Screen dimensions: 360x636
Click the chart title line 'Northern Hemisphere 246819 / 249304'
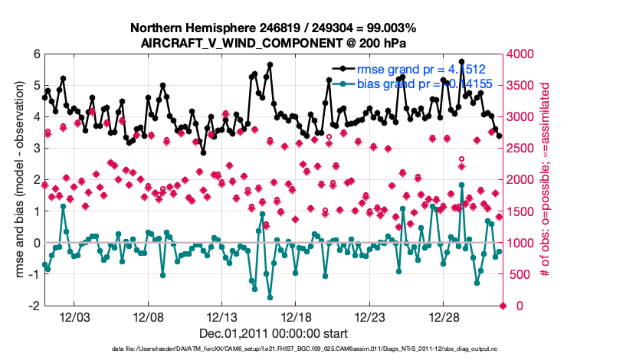click(x=274, y=28)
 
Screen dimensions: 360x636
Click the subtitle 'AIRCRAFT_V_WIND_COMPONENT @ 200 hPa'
click(x=274, y=42)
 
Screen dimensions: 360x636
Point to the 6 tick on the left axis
click(x=36, y=54)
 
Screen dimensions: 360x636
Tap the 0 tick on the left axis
click(x=36, y=243)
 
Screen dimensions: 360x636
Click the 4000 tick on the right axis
click(x=524, y=54)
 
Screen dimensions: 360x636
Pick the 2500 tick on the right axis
click(x=524, y=149)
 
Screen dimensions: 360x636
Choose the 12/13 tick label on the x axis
click(x=222, y=317)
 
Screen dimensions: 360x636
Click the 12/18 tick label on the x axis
click(x=297, y=317)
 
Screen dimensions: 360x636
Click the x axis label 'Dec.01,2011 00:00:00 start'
click(x=274, y=333)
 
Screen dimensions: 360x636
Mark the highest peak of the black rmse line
click(x=461, y=61)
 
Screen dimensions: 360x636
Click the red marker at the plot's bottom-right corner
click(x=503, y=306)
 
